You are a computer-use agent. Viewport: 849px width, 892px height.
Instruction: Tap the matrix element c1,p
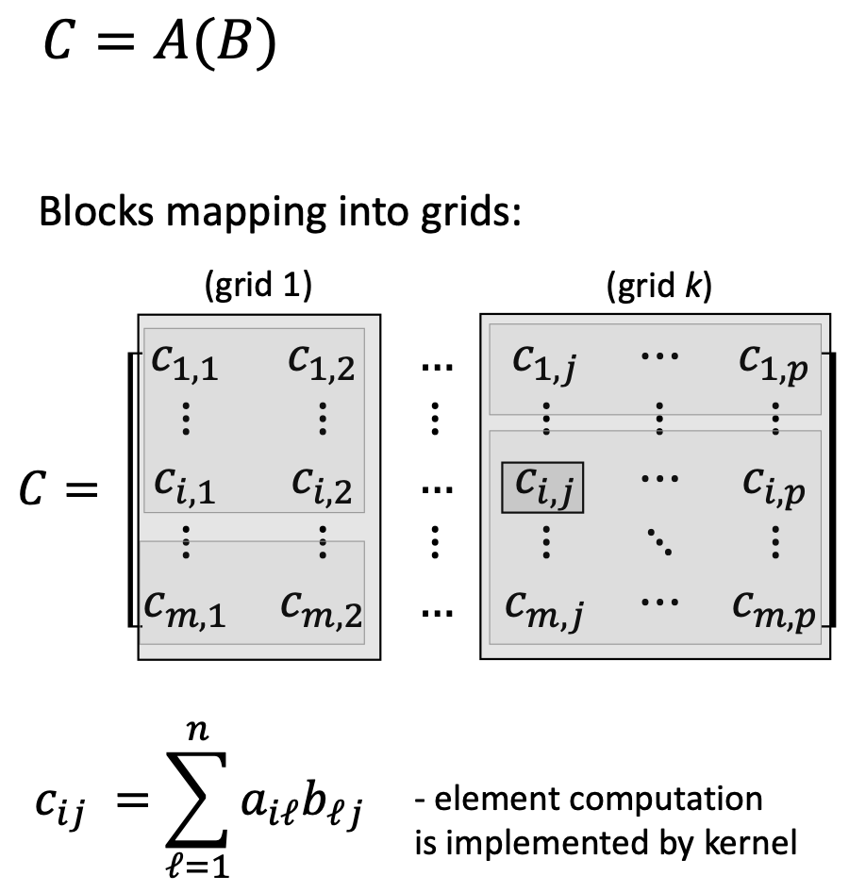(x=774, y=364)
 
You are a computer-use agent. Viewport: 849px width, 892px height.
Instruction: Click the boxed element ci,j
(x=542, y=487)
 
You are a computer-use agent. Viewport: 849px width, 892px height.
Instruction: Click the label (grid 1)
(x=258, y=287)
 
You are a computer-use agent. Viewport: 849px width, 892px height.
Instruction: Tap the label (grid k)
(x=658, y=287)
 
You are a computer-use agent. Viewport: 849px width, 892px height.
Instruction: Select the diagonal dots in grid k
(x=658, y=542)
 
